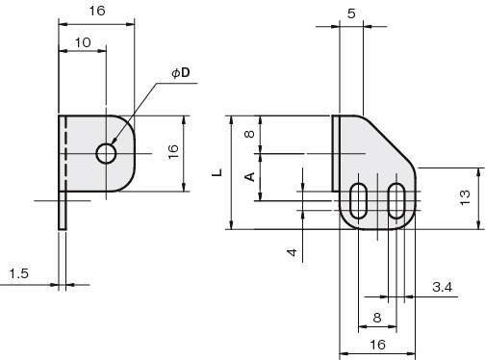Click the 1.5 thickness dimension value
pyautogui.click(x=19, y=273)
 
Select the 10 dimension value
pyautogui.click(x=83, y=42)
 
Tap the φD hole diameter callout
pyautogui.click(x=181, y=73)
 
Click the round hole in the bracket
pyautogui.click(x=106, y=154)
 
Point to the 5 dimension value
pyautogui.click(x=351, y=13)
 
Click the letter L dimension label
pyautogui.click(x=217, y=172)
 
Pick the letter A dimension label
pyautogui.click(x=249, y=177)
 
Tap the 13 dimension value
pyautogui.click(x=465, y=197)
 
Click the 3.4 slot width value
pyautogui.click(x=443, y=287)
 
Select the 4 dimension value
pyautogui.click(x=292, y=252)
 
